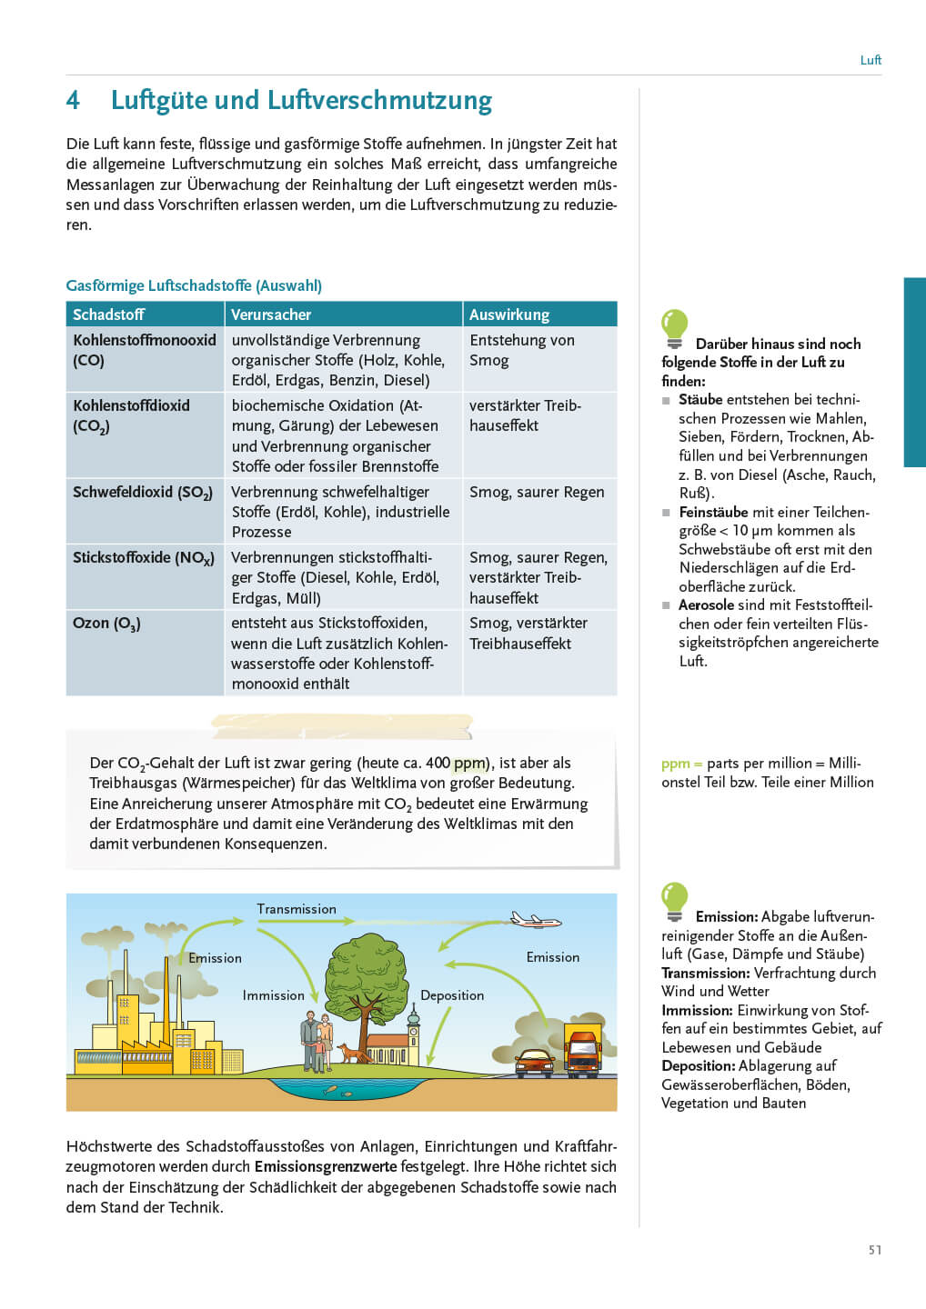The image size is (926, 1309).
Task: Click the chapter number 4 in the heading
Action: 73,100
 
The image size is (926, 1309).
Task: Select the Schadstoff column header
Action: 108,315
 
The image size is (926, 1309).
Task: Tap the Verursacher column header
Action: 270,315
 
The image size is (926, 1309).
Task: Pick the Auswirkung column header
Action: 508,315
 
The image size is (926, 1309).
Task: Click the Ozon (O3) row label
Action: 106,624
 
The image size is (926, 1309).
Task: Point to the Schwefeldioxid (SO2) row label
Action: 142,493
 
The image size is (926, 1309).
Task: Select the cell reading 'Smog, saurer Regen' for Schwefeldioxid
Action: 536,492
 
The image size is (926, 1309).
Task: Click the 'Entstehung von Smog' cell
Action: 521,350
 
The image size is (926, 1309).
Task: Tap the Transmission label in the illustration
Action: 296,909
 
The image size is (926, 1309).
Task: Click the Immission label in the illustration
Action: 273,995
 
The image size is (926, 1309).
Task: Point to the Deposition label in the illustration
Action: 451,995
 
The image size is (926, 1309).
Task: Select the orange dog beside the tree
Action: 349,1054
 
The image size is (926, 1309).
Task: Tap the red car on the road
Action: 534,1062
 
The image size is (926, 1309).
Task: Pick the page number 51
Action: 874,1250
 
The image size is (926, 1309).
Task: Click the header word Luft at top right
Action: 871,60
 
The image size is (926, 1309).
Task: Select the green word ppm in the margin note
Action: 675,764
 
